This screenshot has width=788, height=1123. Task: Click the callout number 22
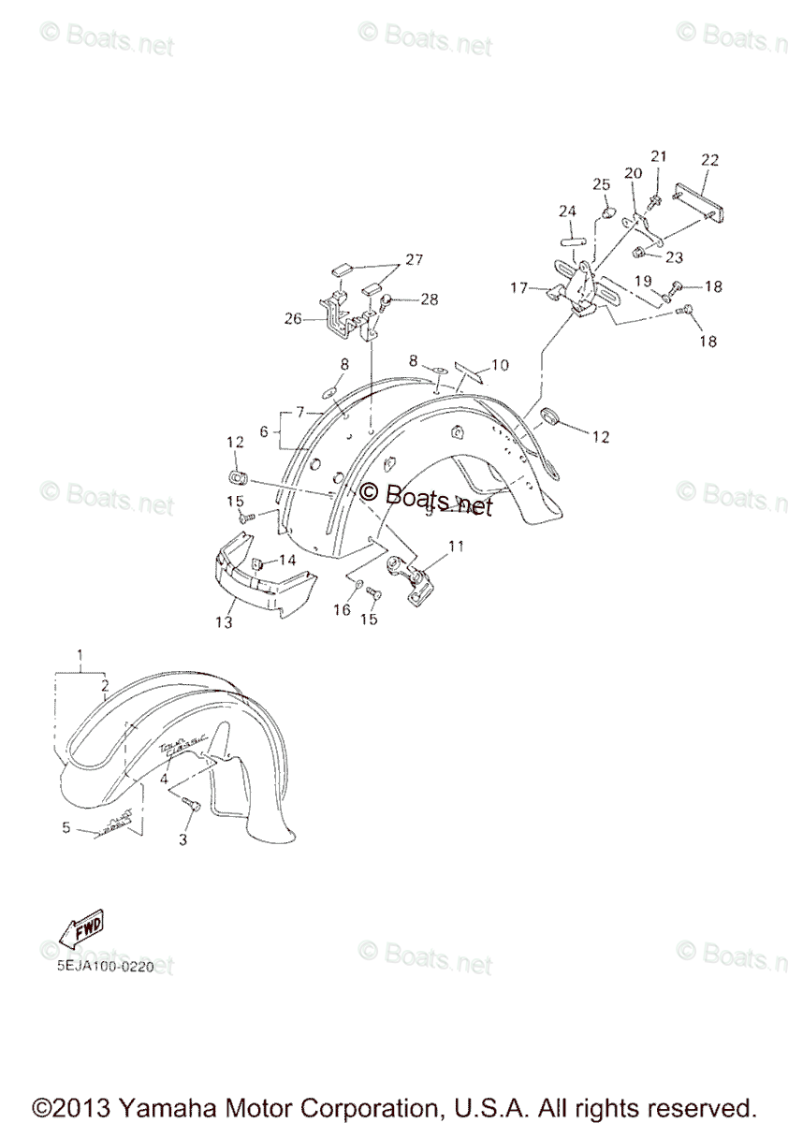(708, 160)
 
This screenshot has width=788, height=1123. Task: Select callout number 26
(293, 318)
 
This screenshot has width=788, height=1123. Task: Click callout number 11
(456, 545)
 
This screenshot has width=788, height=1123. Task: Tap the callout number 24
(567, 211)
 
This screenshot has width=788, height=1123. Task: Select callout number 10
(500, 364)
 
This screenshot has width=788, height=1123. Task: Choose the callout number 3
(182, 839)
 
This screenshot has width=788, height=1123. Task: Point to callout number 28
(428, 299)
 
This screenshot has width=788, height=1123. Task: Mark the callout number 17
(518, 288)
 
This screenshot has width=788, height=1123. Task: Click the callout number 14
(286, 559)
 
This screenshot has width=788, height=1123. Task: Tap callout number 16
(343, 609)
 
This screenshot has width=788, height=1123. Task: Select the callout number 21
(658, 155)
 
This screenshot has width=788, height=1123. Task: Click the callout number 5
(66, 826)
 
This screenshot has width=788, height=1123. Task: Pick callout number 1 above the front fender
(80, 653)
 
